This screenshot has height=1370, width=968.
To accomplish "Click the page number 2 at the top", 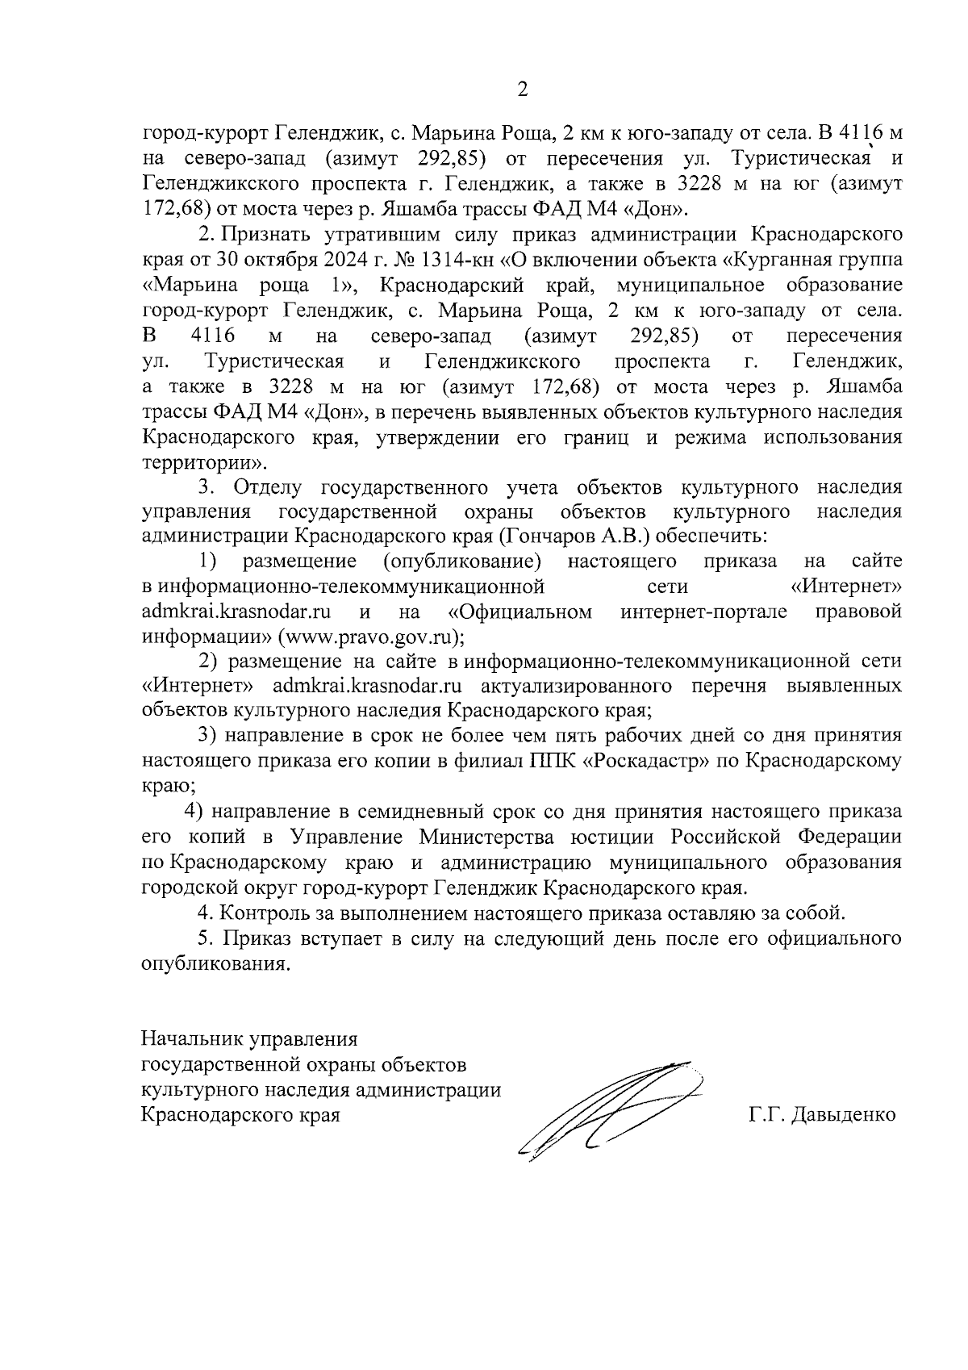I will click(x=522, y=90).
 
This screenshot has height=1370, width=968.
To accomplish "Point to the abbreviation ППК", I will click(x=550, y=760).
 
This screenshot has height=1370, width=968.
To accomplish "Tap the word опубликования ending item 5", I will click(x=214, y=964).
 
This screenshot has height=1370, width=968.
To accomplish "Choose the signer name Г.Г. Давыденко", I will click(x=821, y=1115).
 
